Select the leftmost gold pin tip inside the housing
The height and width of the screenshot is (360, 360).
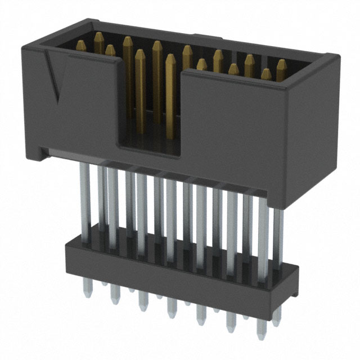[x=99, y=38]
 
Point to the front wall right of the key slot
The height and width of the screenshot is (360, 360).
[x=236, y=124]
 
